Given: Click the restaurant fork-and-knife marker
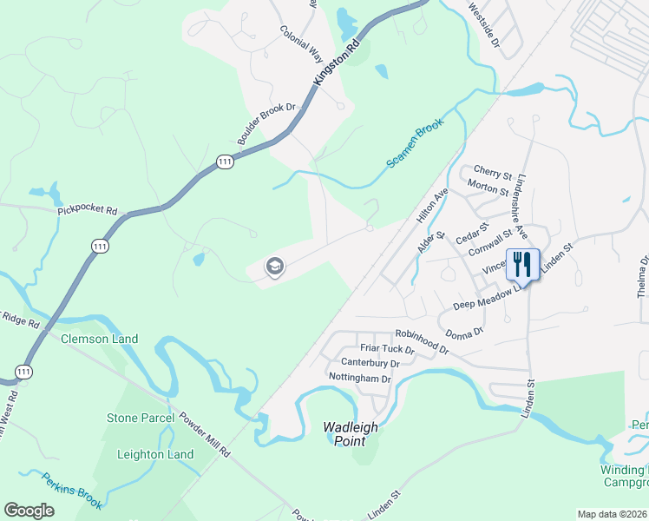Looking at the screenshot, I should (522, 264).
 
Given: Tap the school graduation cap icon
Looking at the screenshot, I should (274, 267).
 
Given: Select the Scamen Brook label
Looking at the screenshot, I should (415, 142).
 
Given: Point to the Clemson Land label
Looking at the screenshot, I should (99, 339).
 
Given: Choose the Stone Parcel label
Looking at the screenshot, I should (141, 418).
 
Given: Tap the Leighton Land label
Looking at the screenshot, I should (155, 454).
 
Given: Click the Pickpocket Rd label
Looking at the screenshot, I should (88, 210).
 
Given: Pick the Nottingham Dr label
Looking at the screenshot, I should (360, 378).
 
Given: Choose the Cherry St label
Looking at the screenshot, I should (493, 173).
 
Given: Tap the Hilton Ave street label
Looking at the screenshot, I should (432, 208).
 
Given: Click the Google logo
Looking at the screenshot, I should (29, 511).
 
